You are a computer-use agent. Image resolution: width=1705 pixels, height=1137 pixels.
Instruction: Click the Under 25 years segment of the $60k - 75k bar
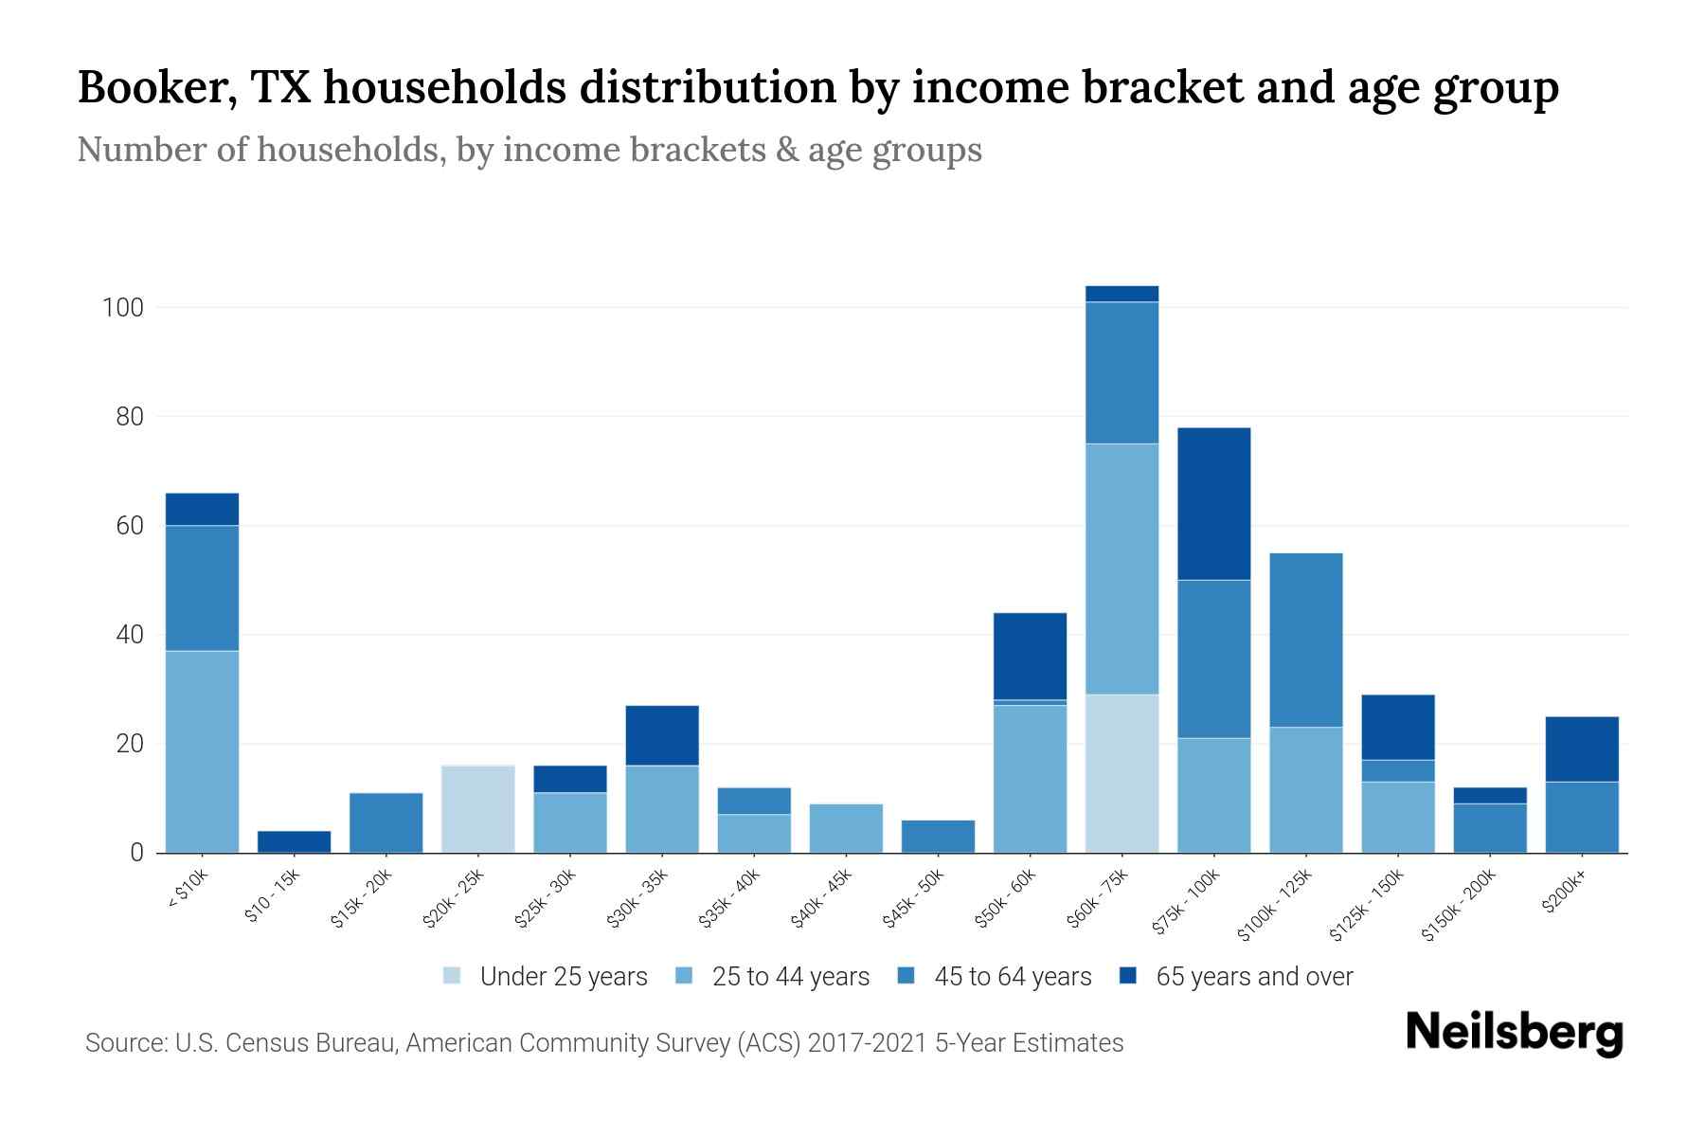tap(1122, 773)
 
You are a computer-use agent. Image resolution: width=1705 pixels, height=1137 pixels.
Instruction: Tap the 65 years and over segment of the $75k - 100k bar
tap(1213, 503)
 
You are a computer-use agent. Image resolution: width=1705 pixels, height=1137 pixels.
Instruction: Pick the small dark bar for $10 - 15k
tap(294, 841)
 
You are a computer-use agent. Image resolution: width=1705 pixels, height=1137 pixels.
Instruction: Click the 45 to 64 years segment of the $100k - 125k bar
tap(1305, 640)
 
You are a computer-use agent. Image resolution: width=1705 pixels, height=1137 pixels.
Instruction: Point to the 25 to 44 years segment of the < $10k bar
tap(202, 751)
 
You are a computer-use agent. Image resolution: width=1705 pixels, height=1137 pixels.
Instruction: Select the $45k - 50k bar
tap(938, 836)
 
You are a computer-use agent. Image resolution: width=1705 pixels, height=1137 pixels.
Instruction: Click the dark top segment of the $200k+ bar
tap(1582, 749)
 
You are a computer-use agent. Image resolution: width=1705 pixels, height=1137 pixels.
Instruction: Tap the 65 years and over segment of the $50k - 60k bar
tap(1030, 656)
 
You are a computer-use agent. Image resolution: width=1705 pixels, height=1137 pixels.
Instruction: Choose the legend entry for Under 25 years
tap(546, 977)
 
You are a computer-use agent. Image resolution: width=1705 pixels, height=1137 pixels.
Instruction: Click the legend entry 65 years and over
tap(1236, 977)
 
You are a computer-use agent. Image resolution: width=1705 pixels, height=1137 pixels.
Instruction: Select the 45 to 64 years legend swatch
tap(906, 976)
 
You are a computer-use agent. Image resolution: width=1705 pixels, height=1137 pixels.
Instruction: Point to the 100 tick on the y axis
tap(122, 308)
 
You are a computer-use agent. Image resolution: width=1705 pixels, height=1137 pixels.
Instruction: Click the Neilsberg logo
tap(1514, 1033)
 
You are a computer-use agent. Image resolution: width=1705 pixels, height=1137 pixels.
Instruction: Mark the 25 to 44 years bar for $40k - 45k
tap(846, 828)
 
